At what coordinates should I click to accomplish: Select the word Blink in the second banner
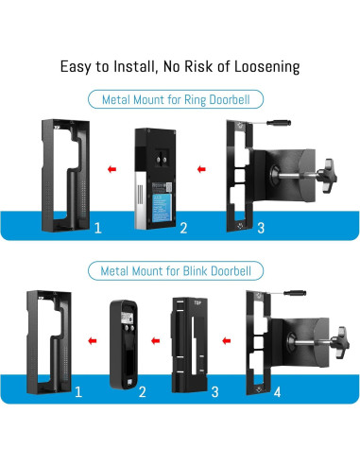click(196, 271)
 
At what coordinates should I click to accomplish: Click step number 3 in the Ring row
click(261, 228)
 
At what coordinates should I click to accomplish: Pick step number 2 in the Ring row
click(183, 228)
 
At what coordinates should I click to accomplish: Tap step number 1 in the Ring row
click(98, 228)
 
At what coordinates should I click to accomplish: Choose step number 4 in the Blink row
click(277, 392)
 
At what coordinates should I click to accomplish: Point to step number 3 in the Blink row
click(214, 392)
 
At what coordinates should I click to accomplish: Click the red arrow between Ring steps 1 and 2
click(111, 169)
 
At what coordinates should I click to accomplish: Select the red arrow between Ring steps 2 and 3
click(201, 169)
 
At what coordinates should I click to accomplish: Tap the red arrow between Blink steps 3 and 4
click(227, 340)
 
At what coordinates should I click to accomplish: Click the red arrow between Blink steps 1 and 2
click(93, 340)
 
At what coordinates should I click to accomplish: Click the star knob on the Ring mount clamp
click(328, 176)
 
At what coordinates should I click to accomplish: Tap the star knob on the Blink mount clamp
click(340, 342)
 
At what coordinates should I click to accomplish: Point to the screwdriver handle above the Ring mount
click(279, 123)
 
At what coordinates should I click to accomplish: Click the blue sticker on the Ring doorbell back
click(162, 208)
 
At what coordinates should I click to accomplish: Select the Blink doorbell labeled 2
click(124, 344)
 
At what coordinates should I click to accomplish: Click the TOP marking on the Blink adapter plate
click(197, 302)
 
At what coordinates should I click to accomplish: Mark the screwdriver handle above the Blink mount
click(295, 293)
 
